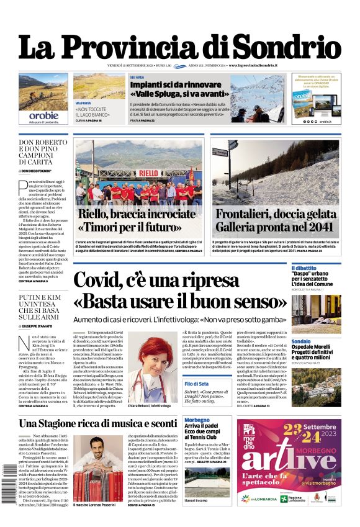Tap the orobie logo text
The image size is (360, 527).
(x=43, y=115)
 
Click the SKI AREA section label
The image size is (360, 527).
(x=137, y=77)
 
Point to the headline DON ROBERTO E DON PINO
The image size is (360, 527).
(x=43, y=151)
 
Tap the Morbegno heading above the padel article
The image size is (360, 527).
(x=197, y=420)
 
